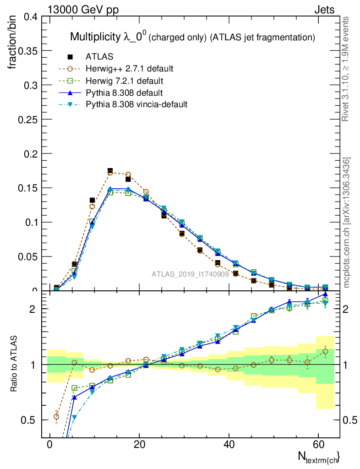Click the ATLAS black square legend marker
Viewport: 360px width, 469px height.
point(70,57)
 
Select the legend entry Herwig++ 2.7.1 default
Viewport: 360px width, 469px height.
point(129,69)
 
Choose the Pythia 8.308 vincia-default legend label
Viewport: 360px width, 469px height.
point(136,104)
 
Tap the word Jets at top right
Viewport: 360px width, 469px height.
point(324,10)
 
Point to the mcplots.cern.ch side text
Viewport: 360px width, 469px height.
point(347,223)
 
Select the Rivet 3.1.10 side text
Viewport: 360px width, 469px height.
point(347,69)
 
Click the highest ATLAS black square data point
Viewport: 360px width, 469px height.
point(110,171)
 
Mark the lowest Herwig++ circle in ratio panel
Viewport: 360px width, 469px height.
point(56,416)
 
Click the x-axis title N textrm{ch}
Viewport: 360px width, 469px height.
point(319,457)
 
